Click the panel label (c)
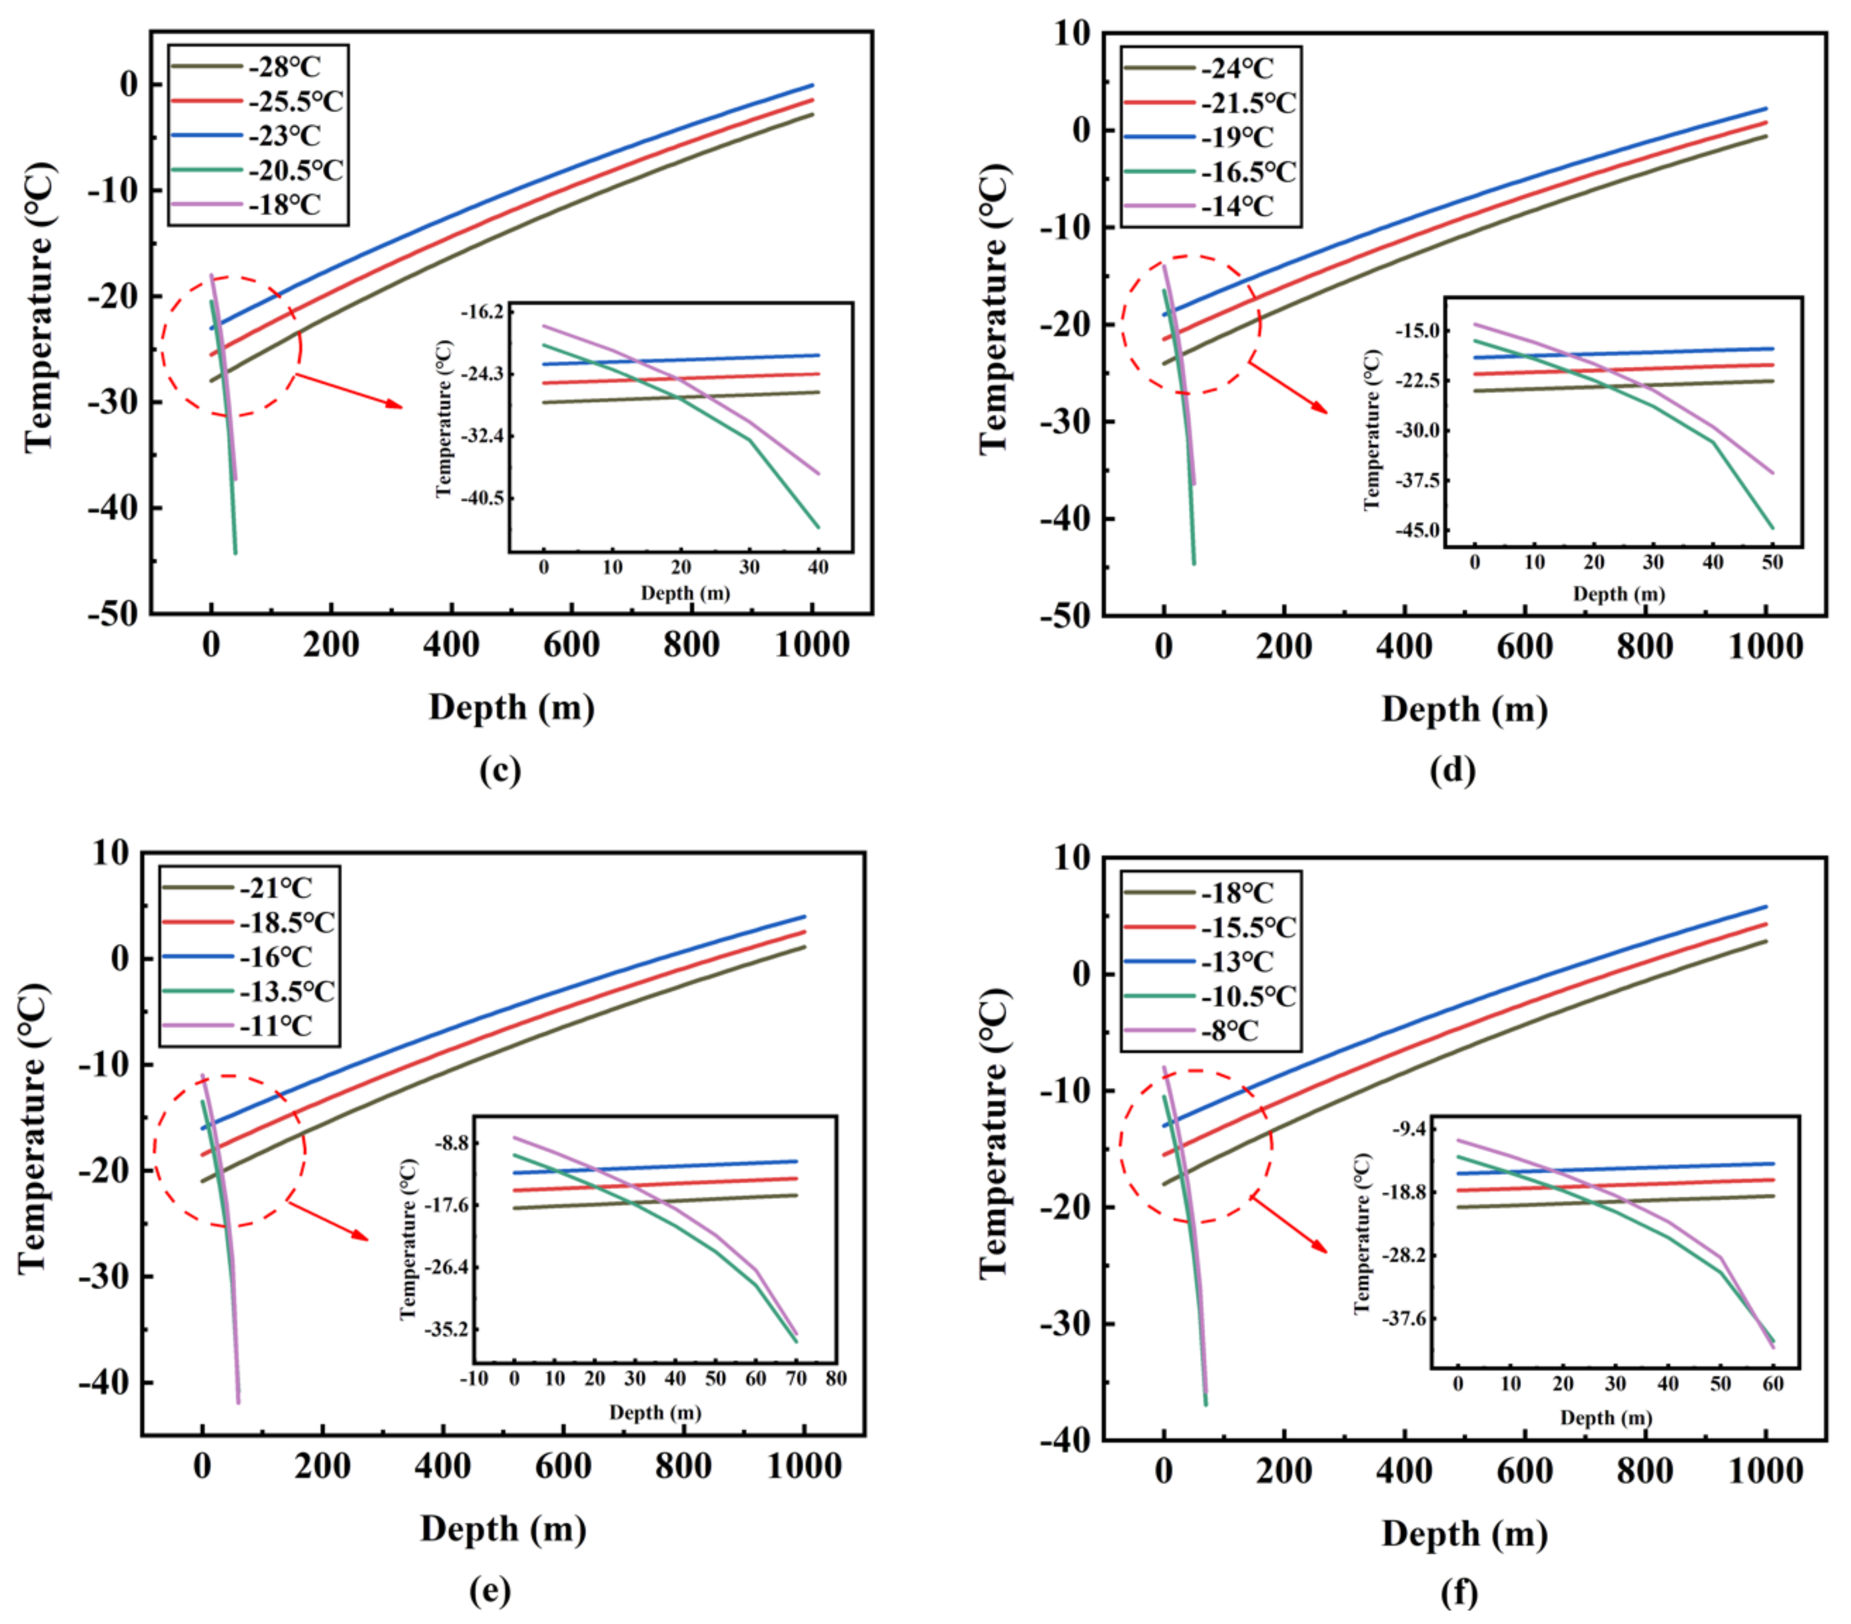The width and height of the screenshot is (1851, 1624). click(500, 770)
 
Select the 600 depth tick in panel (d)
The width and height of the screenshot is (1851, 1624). click(1524, 646)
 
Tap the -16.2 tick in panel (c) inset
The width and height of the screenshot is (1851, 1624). click(482, 311)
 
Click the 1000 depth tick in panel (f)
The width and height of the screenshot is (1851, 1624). click(1765, 1472)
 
